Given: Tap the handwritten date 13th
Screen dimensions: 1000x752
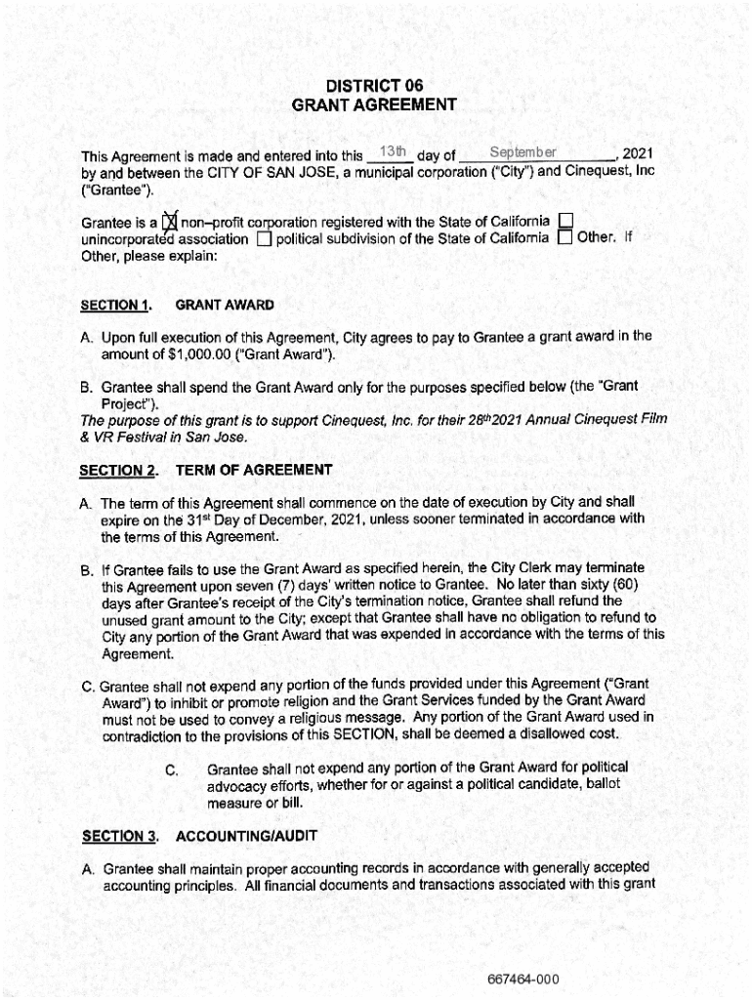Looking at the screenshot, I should (x=393, y=151).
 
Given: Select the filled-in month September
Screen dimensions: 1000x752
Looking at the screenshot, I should (x=522, y=152).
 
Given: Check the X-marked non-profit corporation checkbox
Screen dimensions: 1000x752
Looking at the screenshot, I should (x=170, y=223).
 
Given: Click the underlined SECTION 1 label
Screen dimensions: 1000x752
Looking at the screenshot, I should (x=116, y=306).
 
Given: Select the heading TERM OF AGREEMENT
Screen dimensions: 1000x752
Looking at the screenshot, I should (x=254, y=471).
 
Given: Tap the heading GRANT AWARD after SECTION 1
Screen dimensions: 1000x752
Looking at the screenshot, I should (x=225, y=306).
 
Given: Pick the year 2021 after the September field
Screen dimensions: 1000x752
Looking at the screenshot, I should (x=637, y=154).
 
